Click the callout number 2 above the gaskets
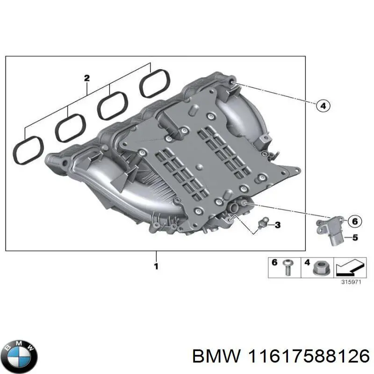click(86, 78)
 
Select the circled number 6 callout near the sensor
click(354, 221)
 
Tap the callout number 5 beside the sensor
click(354, 238)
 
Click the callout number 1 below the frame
click(156, 266)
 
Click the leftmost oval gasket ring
click(28, 150)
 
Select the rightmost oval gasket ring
click(155, 84)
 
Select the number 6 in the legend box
click(275, 263)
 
